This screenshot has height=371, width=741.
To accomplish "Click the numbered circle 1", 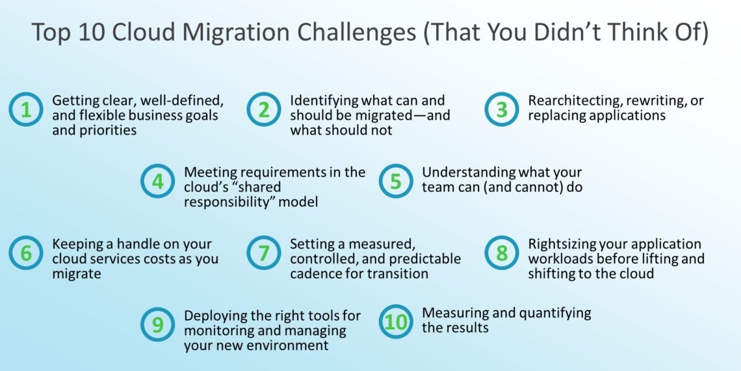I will pyautogui.click(x=26, y=110).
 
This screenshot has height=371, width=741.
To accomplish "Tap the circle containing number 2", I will pyautogui.click(x=264, y=110).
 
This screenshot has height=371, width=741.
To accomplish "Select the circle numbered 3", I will pyautogui.click(x=502, y=110).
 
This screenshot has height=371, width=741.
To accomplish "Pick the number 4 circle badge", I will pyautogui.click(x=158, y=182).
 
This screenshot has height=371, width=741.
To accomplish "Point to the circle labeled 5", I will pyautogui.click(x=396, y=182).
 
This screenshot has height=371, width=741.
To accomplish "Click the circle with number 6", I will pyautogui.click(x=26, y=253).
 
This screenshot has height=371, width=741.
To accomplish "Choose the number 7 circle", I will pyautogui.click(x=264, y=253).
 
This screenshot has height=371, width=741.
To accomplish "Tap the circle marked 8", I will pyautogui.click(x=502, y=253).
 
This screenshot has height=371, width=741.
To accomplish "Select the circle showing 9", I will pyautogui.click(x=158, y=325).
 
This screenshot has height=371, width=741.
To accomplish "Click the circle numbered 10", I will pyautogui.click(x=396, y=322).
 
